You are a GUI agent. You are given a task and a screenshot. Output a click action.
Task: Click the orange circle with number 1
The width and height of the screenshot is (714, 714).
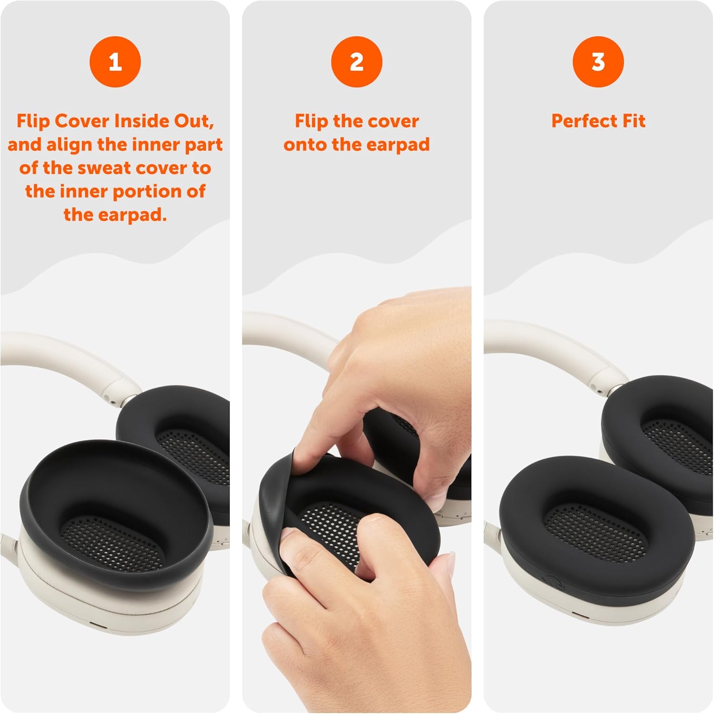[x=115, y=62]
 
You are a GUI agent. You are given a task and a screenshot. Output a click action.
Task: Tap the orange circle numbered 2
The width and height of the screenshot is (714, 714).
[x=357, y=62]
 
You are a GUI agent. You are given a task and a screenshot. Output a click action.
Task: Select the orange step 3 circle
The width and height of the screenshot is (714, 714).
[x=598, y=62]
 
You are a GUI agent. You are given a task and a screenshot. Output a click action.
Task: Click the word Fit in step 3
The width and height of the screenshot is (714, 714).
[x=634, y=121]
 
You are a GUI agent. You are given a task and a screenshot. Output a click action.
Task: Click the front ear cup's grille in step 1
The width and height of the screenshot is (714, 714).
[x=112, y=540]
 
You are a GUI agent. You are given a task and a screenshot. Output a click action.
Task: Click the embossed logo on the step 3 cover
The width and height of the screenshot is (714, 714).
[x=551, y=582]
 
